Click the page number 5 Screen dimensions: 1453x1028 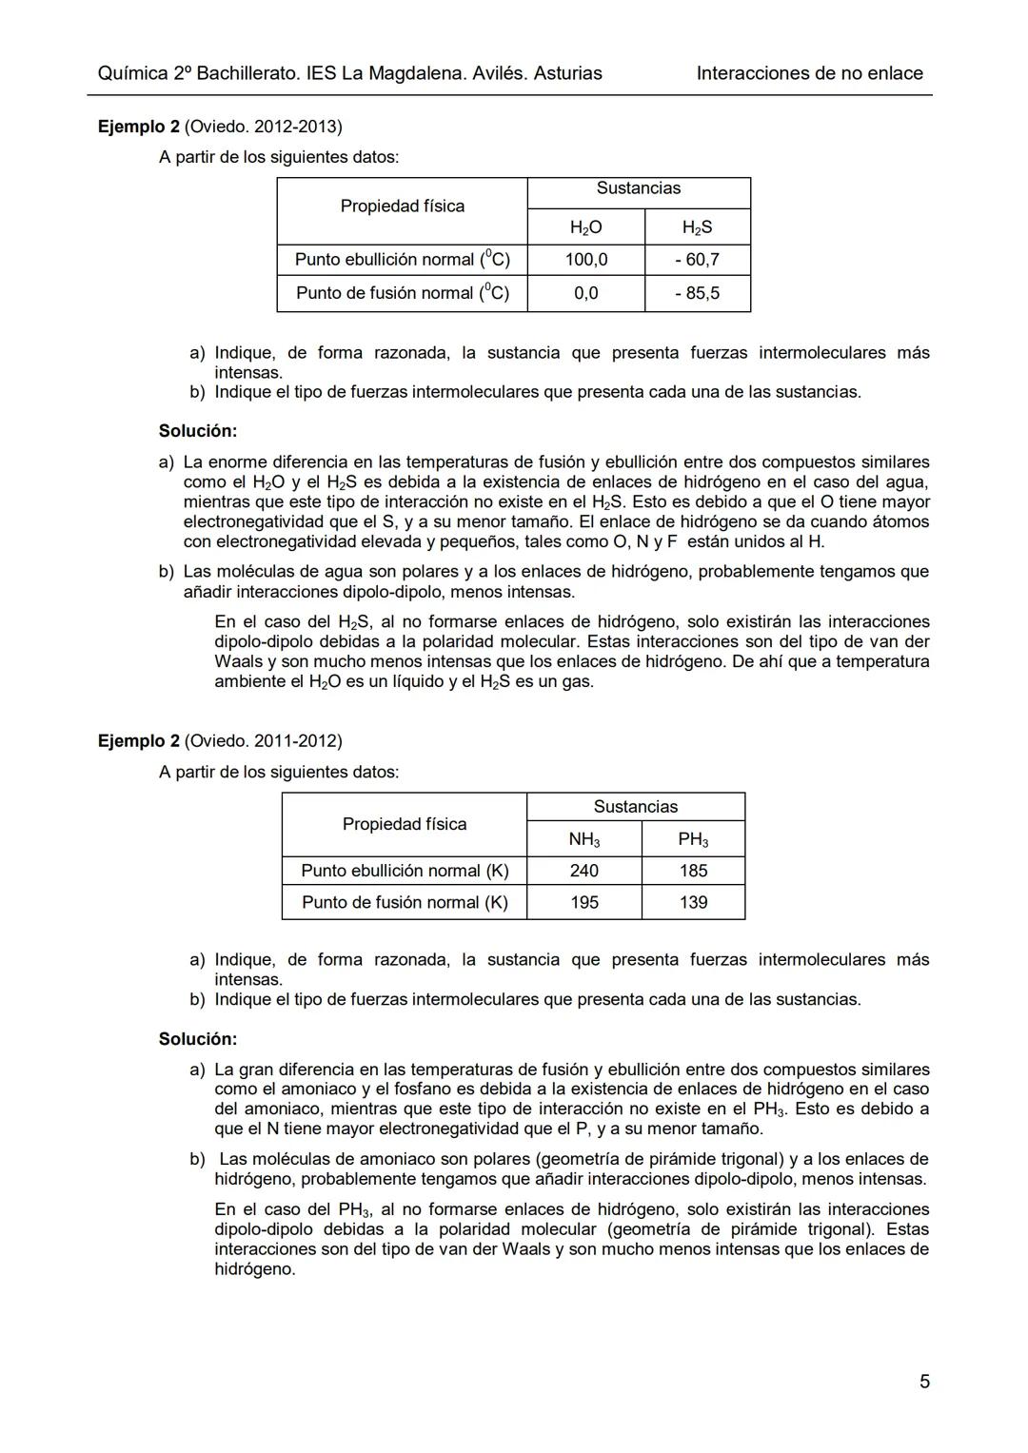pos(924,1382)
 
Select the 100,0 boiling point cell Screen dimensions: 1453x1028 pos(585,260)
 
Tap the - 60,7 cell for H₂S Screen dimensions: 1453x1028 pos(697,260)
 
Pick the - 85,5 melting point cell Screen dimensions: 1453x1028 pos(697,293)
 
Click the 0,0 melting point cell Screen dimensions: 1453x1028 pos(585,293)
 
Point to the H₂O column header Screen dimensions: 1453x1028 pos(585,227)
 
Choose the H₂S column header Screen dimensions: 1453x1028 pos(697,227)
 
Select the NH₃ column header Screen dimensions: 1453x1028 pos(583,839)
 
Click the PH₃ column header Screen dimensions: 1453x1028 pos(693,839)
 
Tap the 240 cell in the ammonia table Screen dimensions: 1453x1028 pos(583,871)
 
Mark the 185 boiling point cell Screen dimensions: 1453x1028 pos(693,871)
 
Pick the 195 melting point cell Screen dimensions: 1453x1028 pos(583,902)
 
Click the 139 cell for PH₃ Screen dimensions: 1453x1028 pos(693,902)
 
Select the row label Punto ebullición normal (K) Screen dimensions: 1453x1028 pos(405,871)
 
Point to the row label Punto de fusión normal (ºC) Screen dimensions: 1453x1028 pos(402,293)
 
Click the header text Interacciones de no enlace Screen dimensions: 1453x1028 pos(809,73)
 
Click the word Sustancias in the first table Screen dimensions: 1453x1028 pos(638,188)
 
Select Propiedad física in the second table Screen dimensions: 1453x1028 pos(405,824)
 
